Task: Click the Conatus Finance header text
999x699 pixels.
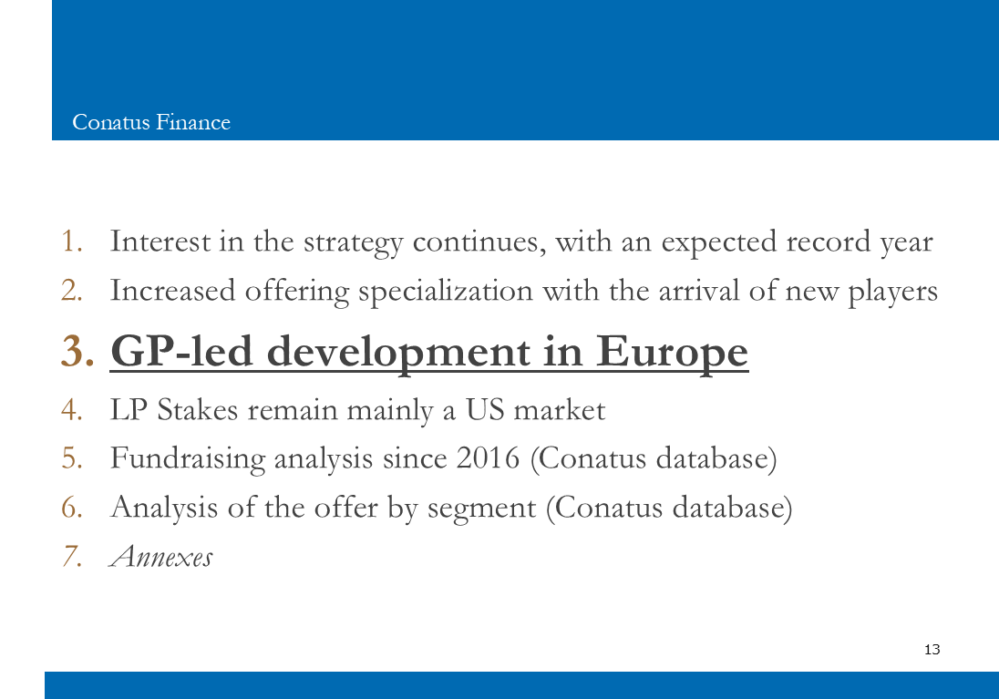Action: tap(151, 122)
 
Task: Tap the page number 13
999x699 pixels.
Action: tap(932, 649)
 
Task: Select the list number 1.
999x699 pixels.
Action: tap(72, 242)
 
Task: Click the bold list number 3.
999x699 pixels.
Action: tap(77, 351)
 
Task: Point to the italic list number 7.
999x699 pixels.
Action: tap(72, 556)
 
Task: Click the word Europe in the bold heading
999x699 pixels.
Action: tap(672, 353)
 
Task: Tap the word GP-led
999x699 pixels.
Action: tap(181, 351)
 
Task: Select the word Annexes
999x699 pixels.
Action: tap(161, 556)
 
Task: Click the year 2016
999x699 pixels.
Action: tap(488, 458)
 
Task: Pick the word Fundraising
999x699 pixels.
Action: tap(188, 459)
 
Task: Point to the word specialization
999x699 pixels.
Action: tap(446, 292)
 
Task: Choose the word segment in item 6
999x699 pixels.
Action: tap(481, 509)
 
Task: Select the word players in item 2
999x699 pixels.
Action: tap(892, 292)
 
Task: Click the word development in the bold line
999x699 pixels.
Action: tap(398, 353)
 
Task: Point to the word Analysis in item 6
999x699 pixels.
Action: tap(164, 509)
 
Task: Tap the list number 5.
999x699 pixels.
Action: tap(72, 458)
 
